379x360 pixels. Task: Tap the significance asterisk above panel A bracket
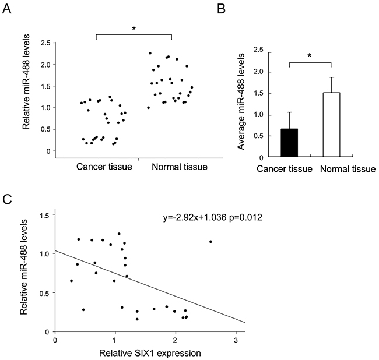133,27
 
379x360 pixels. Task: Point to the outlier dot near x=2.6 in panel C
210,242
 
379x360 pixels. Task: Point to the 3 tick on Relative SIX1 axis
235,340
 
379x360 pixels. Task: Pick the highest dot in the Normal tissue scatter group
150,54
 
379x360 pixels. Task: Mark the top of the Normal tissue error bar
331,77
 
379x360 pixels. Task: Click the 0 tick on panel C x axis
55,340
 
